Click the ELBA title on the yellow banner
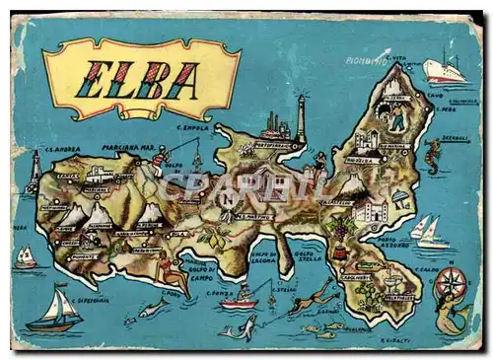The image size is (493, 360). [141, 79]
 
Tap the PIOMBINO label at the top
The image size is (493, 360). [365, 60]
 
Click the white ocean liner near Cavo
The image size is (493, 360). [447, 71]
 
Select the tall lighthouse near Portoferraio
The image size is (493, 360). [301, 118]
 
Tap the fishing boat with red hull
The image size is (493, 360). [240, 303]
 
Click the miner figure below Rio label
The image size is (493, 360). [395, 119]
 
